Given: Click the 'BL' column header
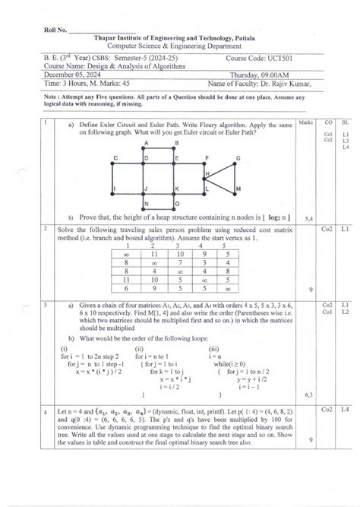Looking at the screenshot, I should pyautogui.click(x=345, y=122).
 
